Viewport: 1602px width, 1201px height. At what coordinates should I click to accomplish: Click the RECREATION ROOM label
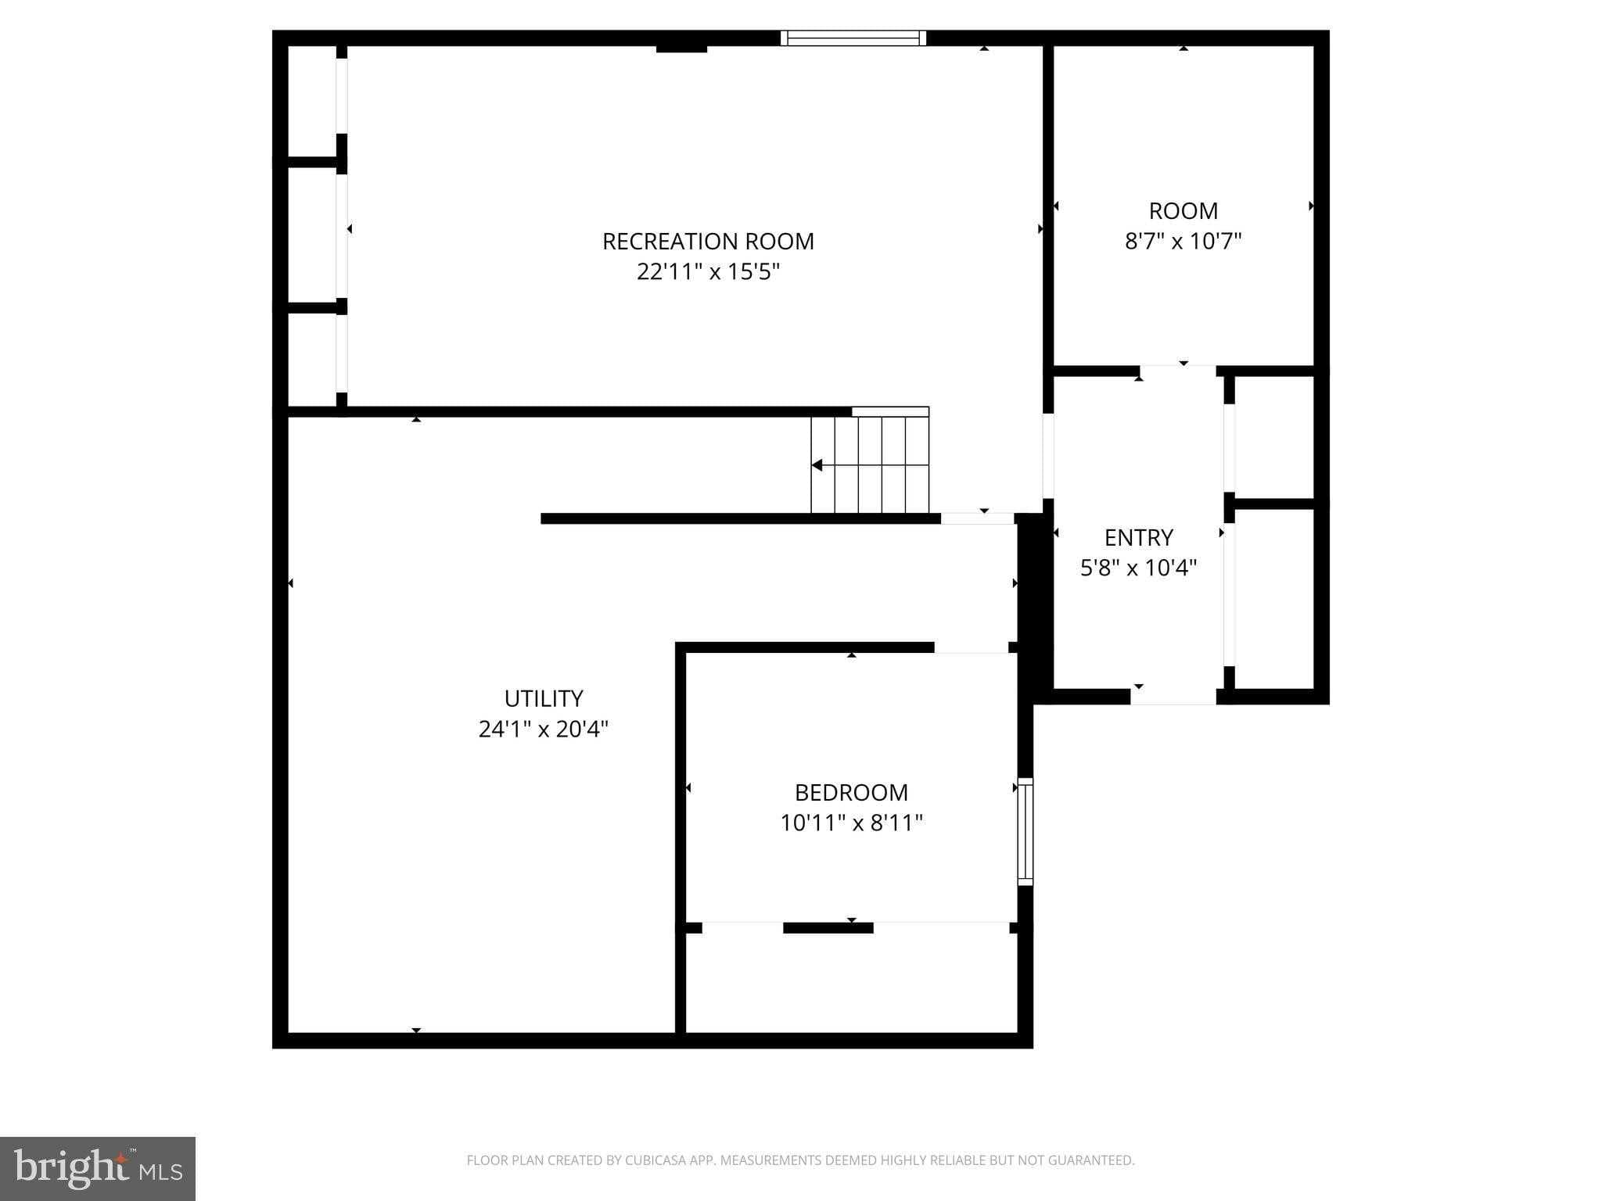tap(708, 241)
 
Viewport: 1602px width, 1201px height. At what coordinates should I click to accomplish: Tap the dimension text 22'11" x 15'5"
tap(708, 271)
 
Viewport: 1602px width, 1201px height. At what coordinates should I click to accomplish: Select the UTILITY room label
tap(544, 698)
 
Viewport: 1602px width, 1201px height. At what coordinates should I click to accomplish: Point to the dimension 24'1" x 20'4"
tap(544, 729)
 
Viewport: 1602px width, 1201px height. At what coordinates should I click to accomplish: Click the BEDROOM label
tap(851, 792)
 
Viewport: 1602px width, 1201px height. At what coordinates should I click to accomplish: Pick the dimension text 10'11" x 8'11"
tap(851, 823)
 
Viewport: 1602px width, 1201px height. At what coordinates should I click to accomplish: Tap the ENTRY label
tap(1138, 537)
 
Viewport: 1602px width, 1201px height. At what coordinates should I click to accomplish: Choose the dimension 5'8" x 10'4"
tap(1138, 568)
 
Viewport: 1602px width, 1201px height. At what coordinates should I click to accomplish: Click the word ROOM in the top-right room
tap(1183, 210)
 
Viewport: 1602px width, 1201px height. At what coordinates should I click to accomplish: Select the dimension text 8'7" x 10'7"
tap(1183, 241)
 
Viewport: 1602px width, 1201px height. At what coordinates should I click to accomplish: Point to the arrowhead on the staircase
tap(817, 465)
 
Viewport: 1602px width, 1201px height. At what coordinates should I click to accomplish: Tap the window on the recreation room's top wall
tap(853, 38)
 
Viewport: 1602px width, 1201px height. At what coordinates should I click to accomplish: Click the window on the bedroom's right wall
tap(1025, 832)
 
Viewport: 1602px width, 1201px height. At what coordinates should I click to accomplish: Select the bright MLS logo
tap(98, 1169)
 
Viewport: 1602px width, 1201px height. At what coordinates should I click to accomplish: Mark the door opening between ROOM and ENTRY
tap(1177, 371)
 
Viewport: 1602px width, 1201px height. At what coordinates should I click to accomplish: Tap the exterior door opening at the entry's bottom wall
tap(1173, 697)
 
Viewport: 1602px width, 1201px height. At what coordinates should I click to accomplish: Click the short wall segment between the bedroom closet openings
tap(828, 928)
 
